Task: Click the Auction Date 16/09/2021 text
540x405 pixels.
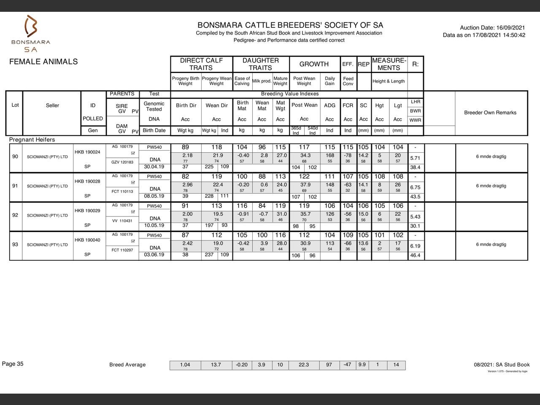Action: point(492,28)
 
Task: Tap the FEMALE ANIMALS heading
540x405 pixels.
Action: point(43,62)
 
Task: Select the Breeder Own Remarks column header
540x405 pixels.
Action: point(490,113)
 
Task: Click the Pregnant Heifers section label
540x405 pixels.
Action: point(32,140)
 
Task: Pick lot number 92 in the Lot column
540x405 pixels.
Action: point(15,215)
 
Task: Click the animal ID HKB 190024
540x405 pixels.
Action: point(87,152)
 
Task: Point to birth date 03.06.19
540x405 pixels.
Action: point(154,255)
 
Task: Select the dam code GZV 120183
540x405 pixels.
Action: point(122,162)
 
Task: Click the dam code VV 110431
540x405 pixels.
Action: point(122,221)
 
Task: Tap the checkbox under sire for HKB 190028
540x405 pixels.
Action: point(133,183)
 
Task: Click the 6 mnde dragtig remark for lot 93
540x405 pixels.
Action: point(491,245)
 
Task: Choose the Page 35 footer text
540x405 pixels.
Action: point(13,364)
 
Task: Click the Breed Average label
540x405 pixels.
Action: point(127,365)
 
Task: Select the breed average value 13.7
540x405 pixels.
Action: point(216,365)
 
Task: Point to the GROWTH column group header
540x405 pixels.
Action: point(314,64)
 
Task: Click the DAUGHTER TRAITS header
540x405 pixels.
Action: point(260,64)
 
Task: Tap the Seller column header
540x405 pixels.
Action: point(52,105)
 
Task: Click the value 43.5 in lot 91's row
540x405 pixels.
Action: point(415,197)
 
